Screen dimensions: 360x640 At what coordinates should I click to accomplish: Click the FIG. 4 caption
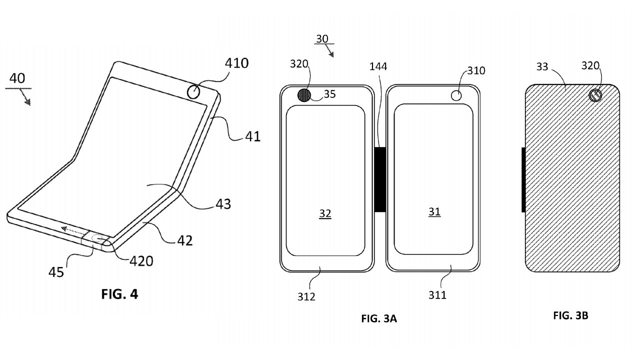coord(119,294)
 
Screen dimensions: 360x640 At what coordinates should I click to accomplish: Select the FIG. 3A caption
coord(379,318)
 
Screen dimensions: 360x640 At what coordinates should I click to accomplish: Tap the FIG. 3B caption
coord(570,315)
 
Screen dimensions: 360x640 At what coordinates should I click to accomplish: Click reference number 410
coord(236,63)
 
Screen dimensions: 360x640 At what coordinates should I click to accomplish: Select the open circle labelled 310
coord(456,95)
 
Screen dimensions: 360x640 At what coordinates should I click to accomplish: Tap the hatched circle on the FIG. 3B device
coord(595,95)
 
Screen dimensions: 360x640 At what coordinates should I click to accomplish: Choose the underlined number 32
coord(325,213)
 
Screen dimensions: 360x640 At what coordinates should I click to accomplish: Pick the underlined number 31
coord(434,212)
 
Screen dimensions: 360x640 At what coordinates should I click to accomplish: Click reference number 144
coord(378,67)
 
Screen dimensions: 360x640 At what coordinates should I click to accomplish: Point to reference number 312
coord(306,296)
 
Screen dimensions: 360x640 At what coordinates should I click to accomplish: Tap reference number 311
coord(437,295)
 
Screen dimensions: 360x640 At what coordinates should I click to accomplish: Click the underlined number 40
coord(17,78)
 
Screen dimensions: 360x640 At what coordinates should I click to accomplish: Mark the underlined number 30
coord(322,38)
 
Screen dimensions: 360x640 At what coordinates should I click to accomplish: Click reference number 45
coord(56,272)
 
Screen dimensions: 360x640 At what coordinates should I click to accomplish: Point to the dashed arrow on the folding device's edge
coord(72,230)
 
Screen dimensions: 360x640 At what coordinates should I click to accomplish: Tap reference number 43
coord(224,204)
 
